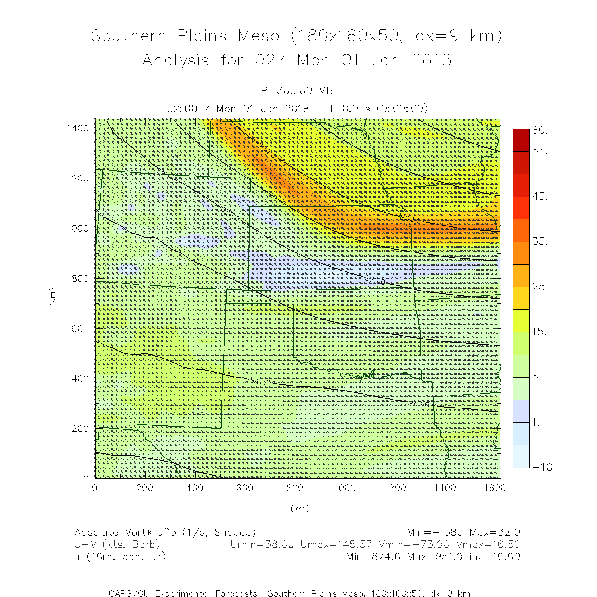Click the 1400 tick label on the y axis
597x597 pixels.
(78, 128)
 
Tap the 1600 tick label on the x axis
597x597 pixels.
(495, 488)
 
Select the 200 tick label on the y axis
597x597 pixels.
(80, 429)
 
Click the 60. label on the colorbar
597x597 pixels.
(540, 130)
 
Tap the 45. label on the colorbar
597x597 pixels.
(540, 196)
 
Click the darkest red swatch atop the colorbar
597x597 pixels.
(521, 140)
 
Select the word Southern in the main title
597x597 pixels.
(128, 36)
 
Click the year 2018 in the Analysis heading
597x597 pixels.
(431, 60)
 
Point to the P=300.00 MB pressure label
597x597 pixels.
(297, 91)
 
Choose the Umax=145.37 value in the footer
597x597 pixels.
(336, 544)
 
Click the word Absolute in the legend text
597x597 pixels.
(96, 533)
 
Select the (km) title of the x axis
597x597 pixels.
(299, 509)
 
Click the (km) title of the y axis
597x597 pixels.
(52, 297)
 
